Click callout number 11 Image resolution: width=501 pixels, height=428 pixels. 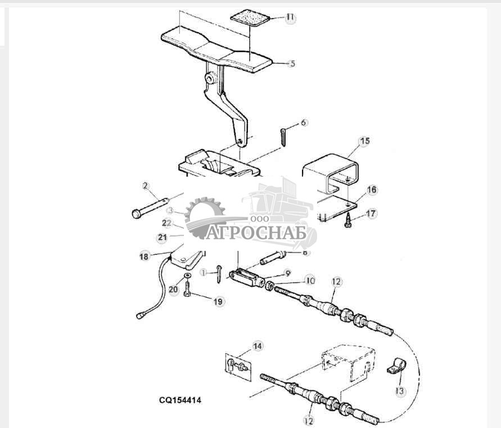(x=290, y=18)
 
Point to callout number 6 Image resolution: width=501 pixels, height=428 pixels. (x=304, y=122)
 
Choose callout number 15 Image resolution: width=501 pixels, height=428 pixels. (x=364, y=141)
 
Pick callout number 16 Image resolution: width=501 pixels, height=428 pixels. (x=371, y=190)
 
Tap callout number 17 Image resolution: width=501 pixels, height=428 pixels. (x=371, y=214)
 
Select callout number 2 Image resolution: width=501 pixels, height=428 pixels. (x=145, y=186)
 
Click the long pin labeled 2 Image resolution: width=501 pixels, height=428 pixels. (x=152, y=205)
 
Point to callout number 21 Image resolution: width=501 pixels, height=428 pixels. (x=162, y=237)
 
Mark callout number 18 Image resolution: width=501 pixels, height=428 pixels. (x=144, y=256)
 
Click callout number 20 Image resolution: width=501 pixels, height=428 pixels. (x=173, y=290)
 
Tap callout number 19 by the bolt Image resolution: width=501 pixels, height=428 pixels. (x=218, y=302)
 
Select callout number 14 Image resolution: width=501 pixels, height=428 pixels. (x=257, y=346)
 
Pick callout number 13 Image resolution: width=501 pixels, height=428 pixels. (x=400, y=391)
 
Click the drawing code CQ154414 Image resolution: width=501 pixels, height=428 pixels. (x=179, y=400)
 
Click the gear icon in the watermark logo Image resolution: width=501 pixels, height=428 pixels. (x=204, y=213)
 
